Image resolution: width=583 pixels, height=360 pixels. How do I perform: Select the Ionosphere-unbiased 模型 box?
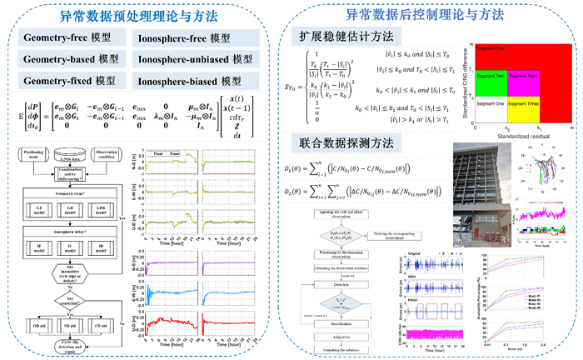194,60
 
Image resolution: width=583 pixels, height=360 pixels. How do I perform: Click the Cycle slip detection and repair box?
75,345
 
